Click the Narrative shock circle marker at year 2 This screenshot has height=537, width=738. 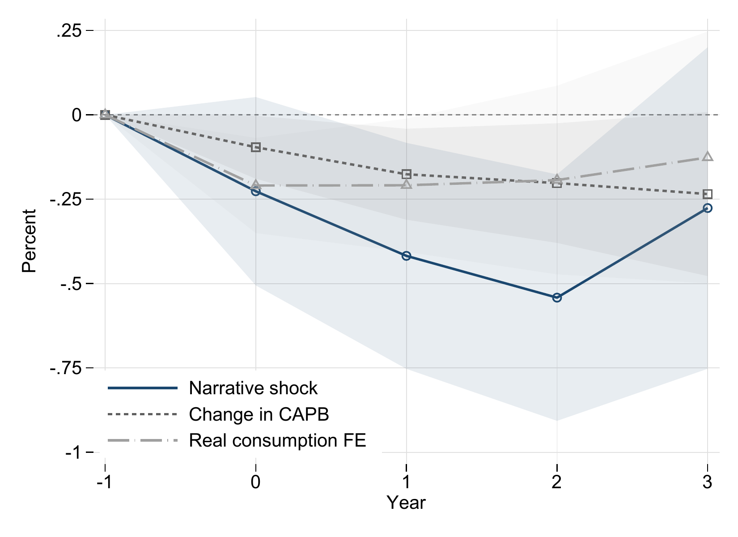click(x=557, y=298)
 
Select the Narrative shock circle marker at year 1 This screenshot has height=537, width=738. click(x=406, y=256)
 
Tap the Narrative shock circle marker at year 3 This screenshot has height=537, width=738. click(x=708, y=208)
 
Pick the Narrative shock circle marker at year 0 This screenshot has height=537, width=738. click(x=255, y=192)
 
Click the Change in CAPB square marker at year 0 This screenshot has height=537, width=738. click(x=256, y=147)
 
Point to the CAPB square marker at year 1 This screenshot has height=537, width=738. click(x=406, y=174)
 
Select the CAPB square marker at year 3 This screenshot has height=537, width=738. click(x=708, y=194)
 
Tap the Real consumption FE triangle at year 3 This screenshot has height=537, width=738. click(x=708, y=157)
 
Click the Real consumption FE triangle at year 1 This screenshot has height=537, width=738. click(x=406, y=184)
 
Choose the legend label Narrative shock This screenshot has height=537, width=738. click(x=253, y=388)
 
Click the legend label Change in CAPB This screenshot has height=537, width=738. click(x=259, y=414)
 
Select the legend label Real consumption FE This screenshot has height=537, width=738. click(x=277, y=440)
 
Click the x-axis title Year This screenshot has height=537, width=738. click(x=406, y=503)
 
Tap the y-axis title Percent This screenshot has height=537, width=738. click(x=30, y=242)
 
